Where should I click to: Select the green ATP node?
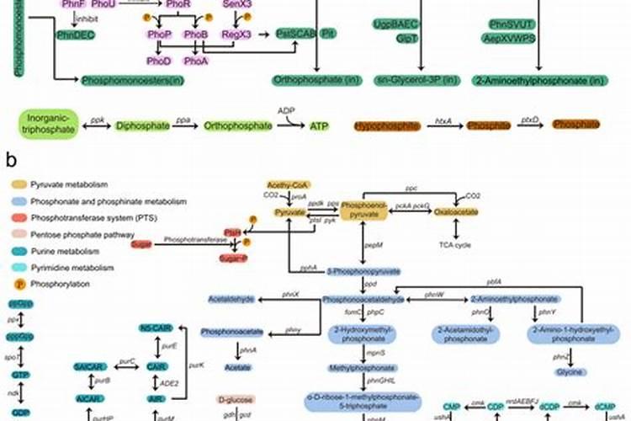pyautogui.click(x=319, y=126)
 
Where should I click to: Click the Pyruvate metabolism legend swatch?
pyautogui.click(x=18, y=183)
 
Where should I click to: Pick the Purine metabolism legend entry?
pyautogui.click(x=66, y=250)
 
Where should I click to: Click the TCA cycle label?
pyautogui.click(x=457, y=245)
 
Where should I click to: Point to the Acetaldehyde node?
pyautogui.click(x=236, y=300)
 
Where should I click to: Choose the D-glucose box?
pyautogui.click(x=236, y=400)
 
